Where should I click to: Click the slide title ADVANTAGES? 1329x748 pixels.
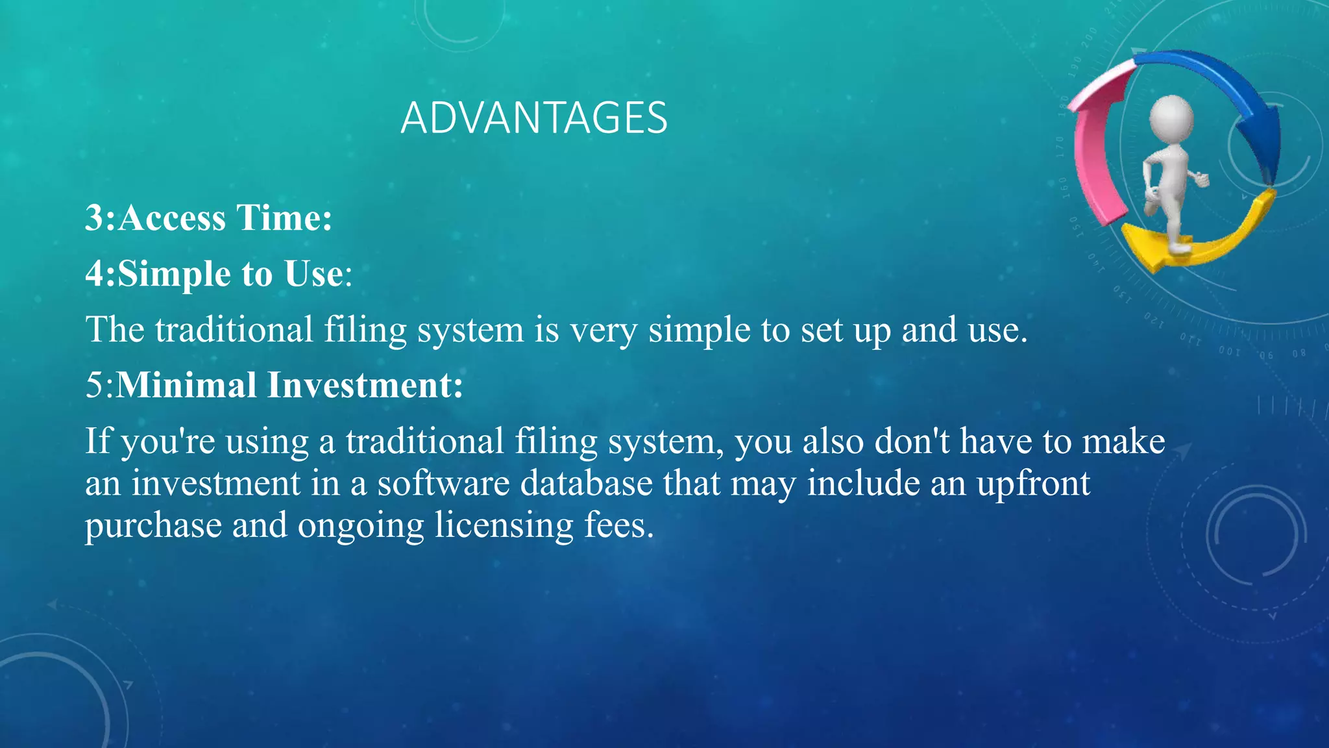pos(534,118)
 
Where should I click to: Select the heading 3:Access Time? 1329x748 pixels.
pos(208,218)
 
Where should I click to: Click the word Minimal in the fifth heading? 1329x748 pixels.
pos(186,384)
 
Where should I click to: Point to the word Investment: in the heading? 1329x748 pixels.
pos(365,384)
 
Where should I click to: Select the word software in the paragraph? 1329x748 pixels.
pos(444,484)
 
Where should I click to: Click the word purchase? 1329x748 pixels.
pos(153,526)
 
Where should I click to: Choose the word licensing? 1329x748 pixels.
pos(504,526)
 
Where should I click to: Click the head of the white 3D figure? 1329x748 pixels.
pos(1171,118)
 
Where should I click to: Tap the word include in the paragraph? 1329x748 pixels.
pos(863,484)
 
